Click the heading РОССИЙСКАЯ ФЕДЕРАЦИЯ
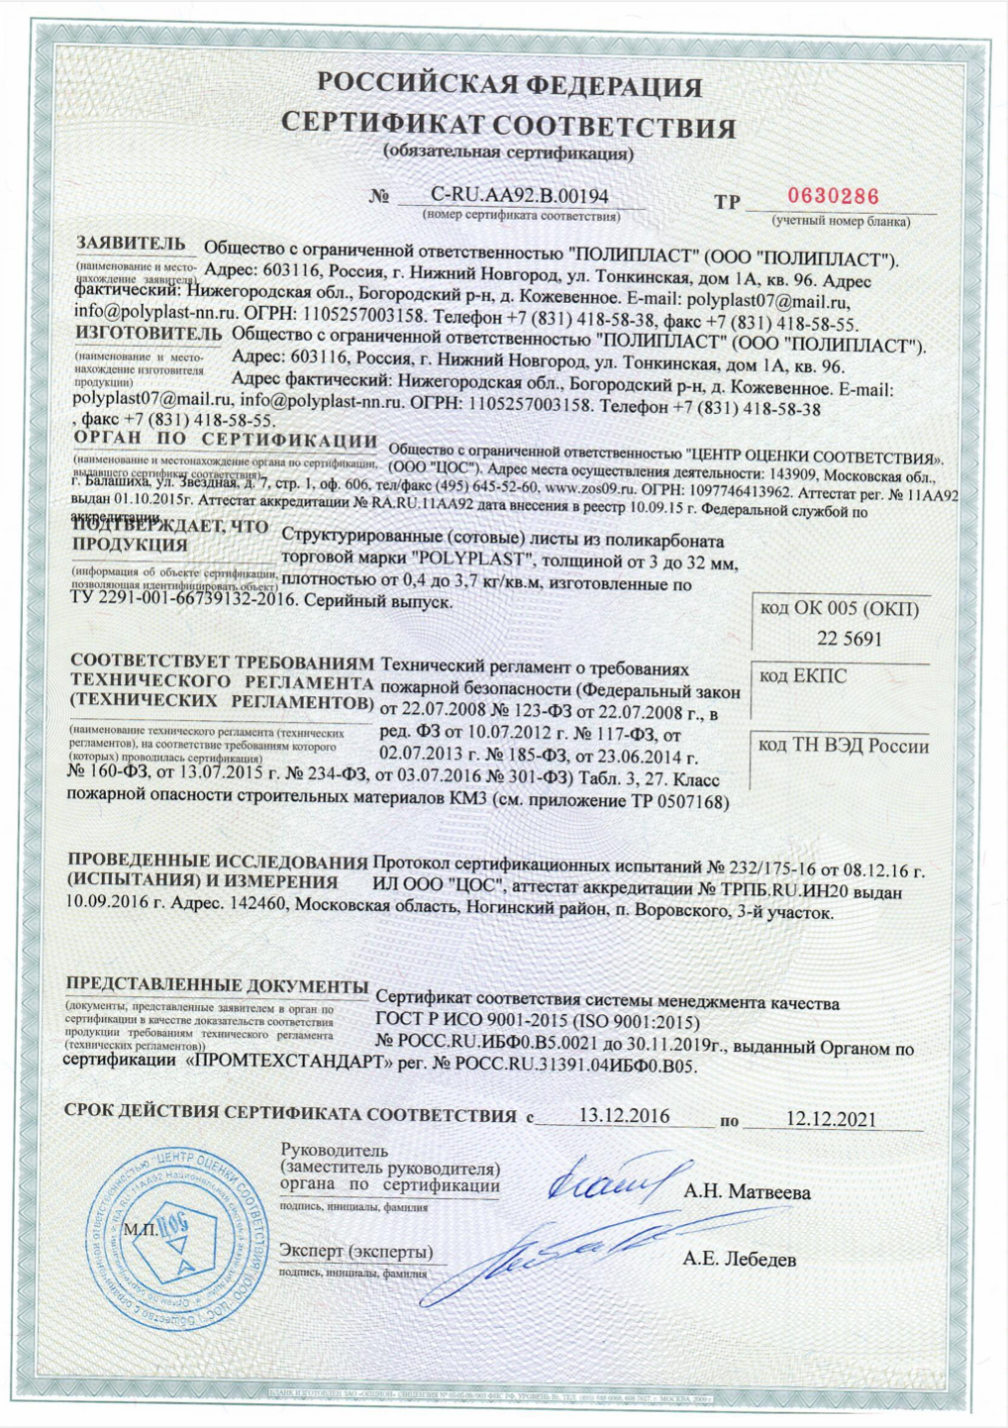pos(510,85)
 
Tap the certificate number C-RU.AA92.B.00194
pos(520,196)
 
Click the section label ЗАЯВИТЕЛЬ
pos(131,244)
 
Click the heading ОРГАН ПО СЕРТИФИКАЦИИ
pos(226,440)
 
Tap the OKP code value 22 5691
pos(849,639)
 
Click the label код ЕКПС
pos(802,676)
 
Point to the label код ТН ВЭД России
pos(844,746)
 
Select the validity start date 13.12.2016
pos(624,1116)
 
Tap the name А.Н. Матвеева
pos(747,1192)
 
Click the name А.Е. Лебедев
pos(739,1260)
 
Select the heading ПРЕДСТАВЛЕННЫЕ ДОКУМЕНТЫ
pos(217,985)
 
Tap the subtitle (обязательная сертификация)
pos(508,153)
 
